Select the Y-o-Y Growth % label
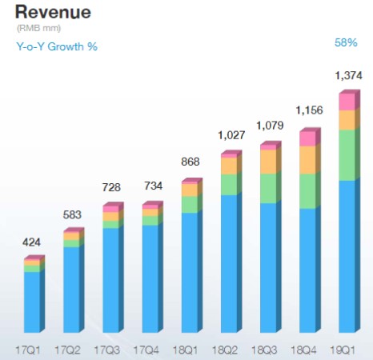56,46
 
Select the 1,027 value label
230,135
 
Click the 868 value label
191,163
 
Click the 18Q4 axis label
308,350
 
